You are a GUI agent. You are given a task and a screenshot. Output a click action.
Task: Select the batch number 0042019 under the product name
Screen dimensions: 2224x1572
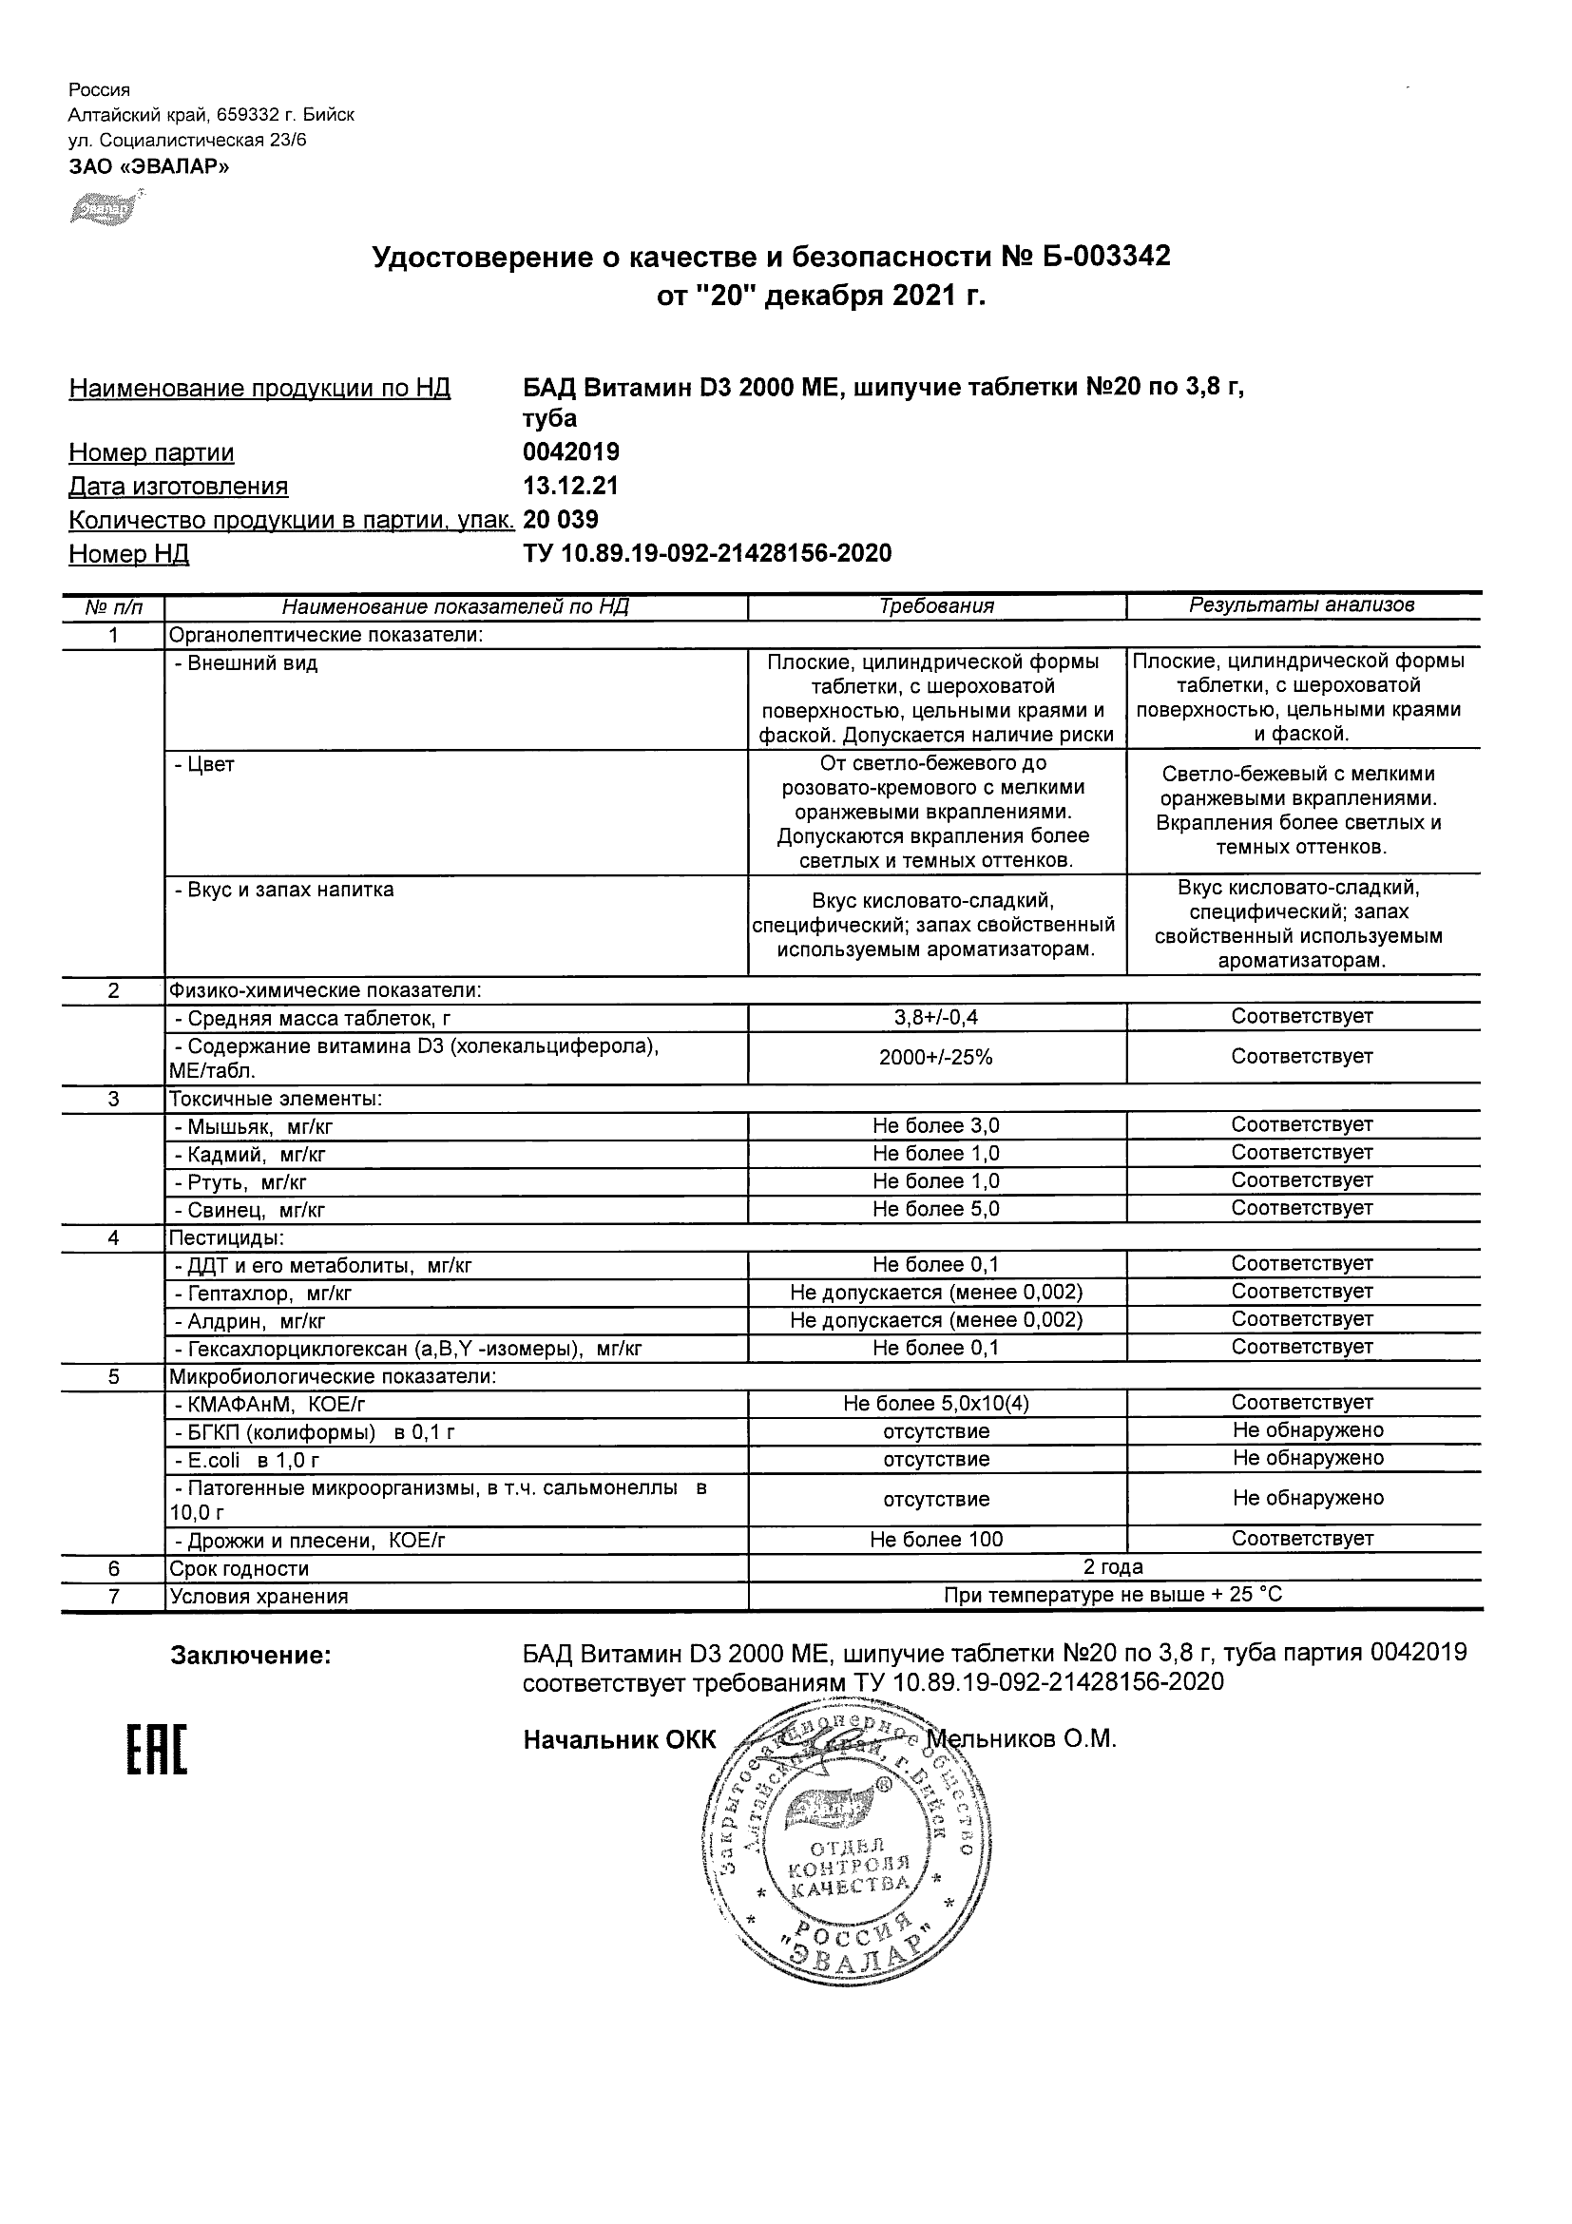tap(570, 452)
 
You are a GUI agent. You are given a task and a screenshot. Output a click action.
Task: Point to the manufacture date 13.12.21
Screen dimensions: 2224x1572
tap(570, 487)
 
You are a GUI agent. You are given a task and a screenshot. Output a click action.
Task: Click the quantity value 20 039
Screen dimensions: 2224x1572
tap(561, 520)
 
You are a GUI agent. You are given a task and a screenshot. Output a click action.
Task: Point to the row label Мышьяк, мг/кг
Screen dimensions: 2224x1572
tap(253, 1126)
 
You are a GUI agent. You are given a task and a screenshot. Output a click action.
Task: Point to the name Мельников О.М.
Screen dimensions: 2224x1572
tap(1025, 1738)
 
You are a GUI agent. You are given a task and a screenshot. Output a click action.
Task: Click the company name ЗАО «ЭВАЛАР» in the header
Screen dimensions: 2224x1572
tap(149, 166)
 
